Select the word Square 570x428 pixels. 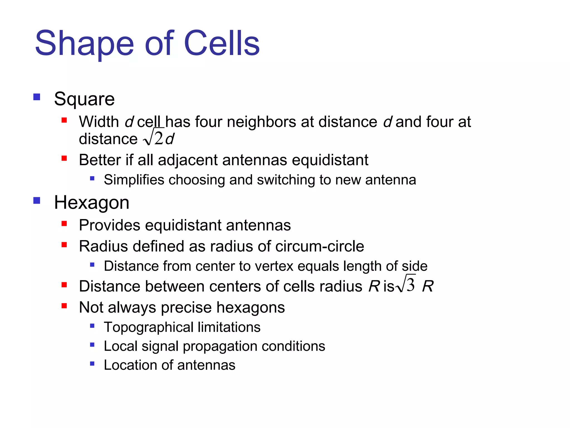pyautogui.click(x=84, y=99)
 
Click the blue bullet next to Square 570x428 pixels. pyautogui.click(x=37, y=97)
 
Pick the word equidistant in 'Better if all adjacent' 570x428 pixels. pyautogui.click(x=330, y=160)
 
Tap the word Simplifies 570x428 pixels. pyautogui.click(x=134, y=180)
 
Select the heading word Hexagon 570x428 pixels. pyautogui.click(x=92, y=203)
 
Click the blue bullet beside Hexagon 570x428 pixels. pyautogui.click(x=37, y=200)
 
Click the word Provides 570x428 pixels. pyautogui.click(x=109, y=225)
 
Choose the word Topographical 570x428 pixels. pyautogui.click(x=149, y=327)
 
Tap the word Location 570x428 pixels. pyautogui.click(x=131, y=365)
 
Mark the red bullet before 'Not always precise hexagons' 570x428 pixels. pyautogui.click(x=64, y=306)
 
